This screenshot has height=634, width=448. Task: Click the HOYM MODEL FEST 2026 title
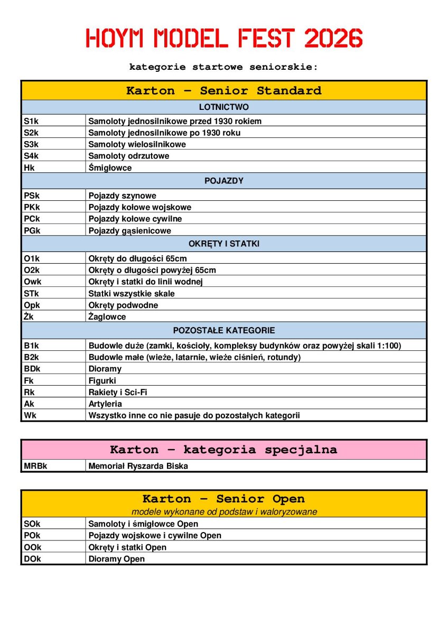(x=224, y=39)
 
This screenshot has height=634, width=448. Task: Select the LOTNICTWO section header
(x=224, y=107)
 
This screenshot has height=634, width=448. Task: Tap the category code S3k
(x=31, y=144)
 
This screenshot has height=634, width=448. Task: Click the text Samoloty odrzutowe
(x=129, y=156)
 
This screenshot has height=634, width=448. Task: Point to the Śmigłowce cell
(x=110, y=167)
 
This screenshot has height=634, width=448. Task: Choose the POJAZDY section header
(x=224, y=181)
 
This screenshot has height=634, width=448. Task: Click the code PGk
(x=32, y=230)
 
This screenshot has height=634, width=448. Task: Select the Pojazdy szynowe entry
(x=122, y=195)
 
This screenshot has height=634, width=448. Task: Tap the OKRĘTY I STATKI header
(x=224, y=244)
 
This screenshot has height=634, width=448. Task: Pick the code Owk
(x=32, y=282)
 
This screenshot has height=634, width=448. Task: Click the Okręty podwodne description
(x=123, y=305)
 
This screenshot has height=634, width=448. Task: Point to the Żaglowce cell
(x=107, y=316)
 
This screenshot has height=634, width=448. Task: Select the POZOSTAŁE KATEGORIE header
(x=224, y=330)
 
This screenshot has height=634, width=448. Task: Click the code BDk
(x=32, y=369)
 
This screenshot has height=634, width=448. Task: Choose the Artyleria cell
(x=105, y=404)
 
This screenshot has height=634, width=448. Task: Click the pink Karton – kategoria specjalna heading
(x=223, y=450)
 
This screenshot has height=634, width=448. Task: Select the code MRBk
(x=35, y=466)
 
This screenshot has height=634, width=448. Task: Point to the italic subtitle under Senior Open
(x=224, y=511)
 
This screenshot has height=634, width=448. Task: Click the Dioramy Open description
(x=116, y=558)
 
